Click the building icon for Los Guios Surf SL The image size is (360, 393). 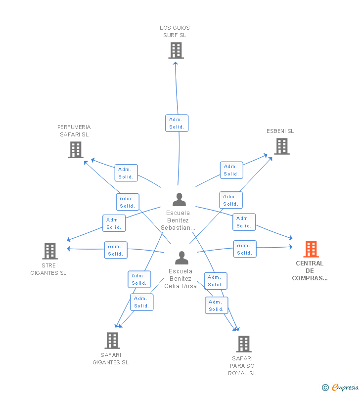[x=176, y=50]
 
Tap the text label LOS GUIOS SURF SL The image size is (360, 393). [x=175, y=31]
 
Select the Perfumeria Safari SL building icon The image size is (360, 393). [x=75, y=150]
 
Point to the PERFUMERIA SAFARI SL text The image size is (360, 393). [x=74, y=131]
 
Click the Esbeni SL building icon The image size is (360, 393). [x=281, y=146]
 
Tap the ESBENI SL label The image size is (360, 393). [x=280, y=131]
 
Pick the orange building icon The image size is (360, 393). [x=311, y=249]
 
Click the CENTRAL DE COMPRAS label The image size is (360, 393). [x=310, y=271]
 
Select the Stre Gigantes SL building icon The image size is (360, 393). [x=50, y=251]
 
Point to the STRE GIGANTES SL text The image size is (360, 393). [x=48, y=269]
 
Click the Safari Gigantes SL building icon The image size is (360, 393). [x=112, y=340]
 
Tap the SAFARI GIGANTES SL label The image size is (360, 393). [x=111, y=358]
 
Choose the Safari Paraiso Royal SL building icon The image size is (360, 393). [x=243, y=344]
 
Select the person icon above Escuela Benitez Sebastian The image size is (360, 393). [x=179, y=200]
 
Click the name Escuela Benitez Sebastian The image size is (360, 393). [x=178, y=220]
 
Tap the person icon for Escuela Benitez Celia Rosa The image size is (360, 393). [x=181, y=258]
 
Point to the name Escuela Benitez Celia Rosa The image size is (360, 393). [x=180, y=279]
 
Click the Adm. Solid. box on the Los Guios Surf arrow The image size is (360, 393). [x=177, y=123]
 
